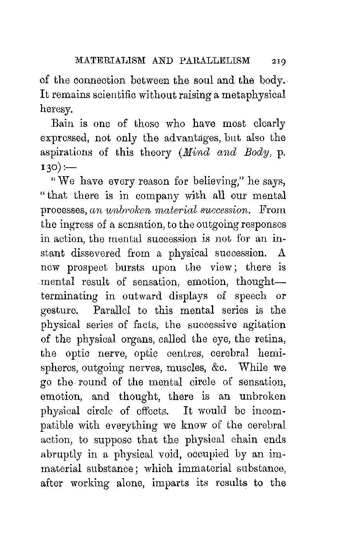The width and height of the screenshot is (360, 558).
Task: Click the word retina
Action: [270, 339]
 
